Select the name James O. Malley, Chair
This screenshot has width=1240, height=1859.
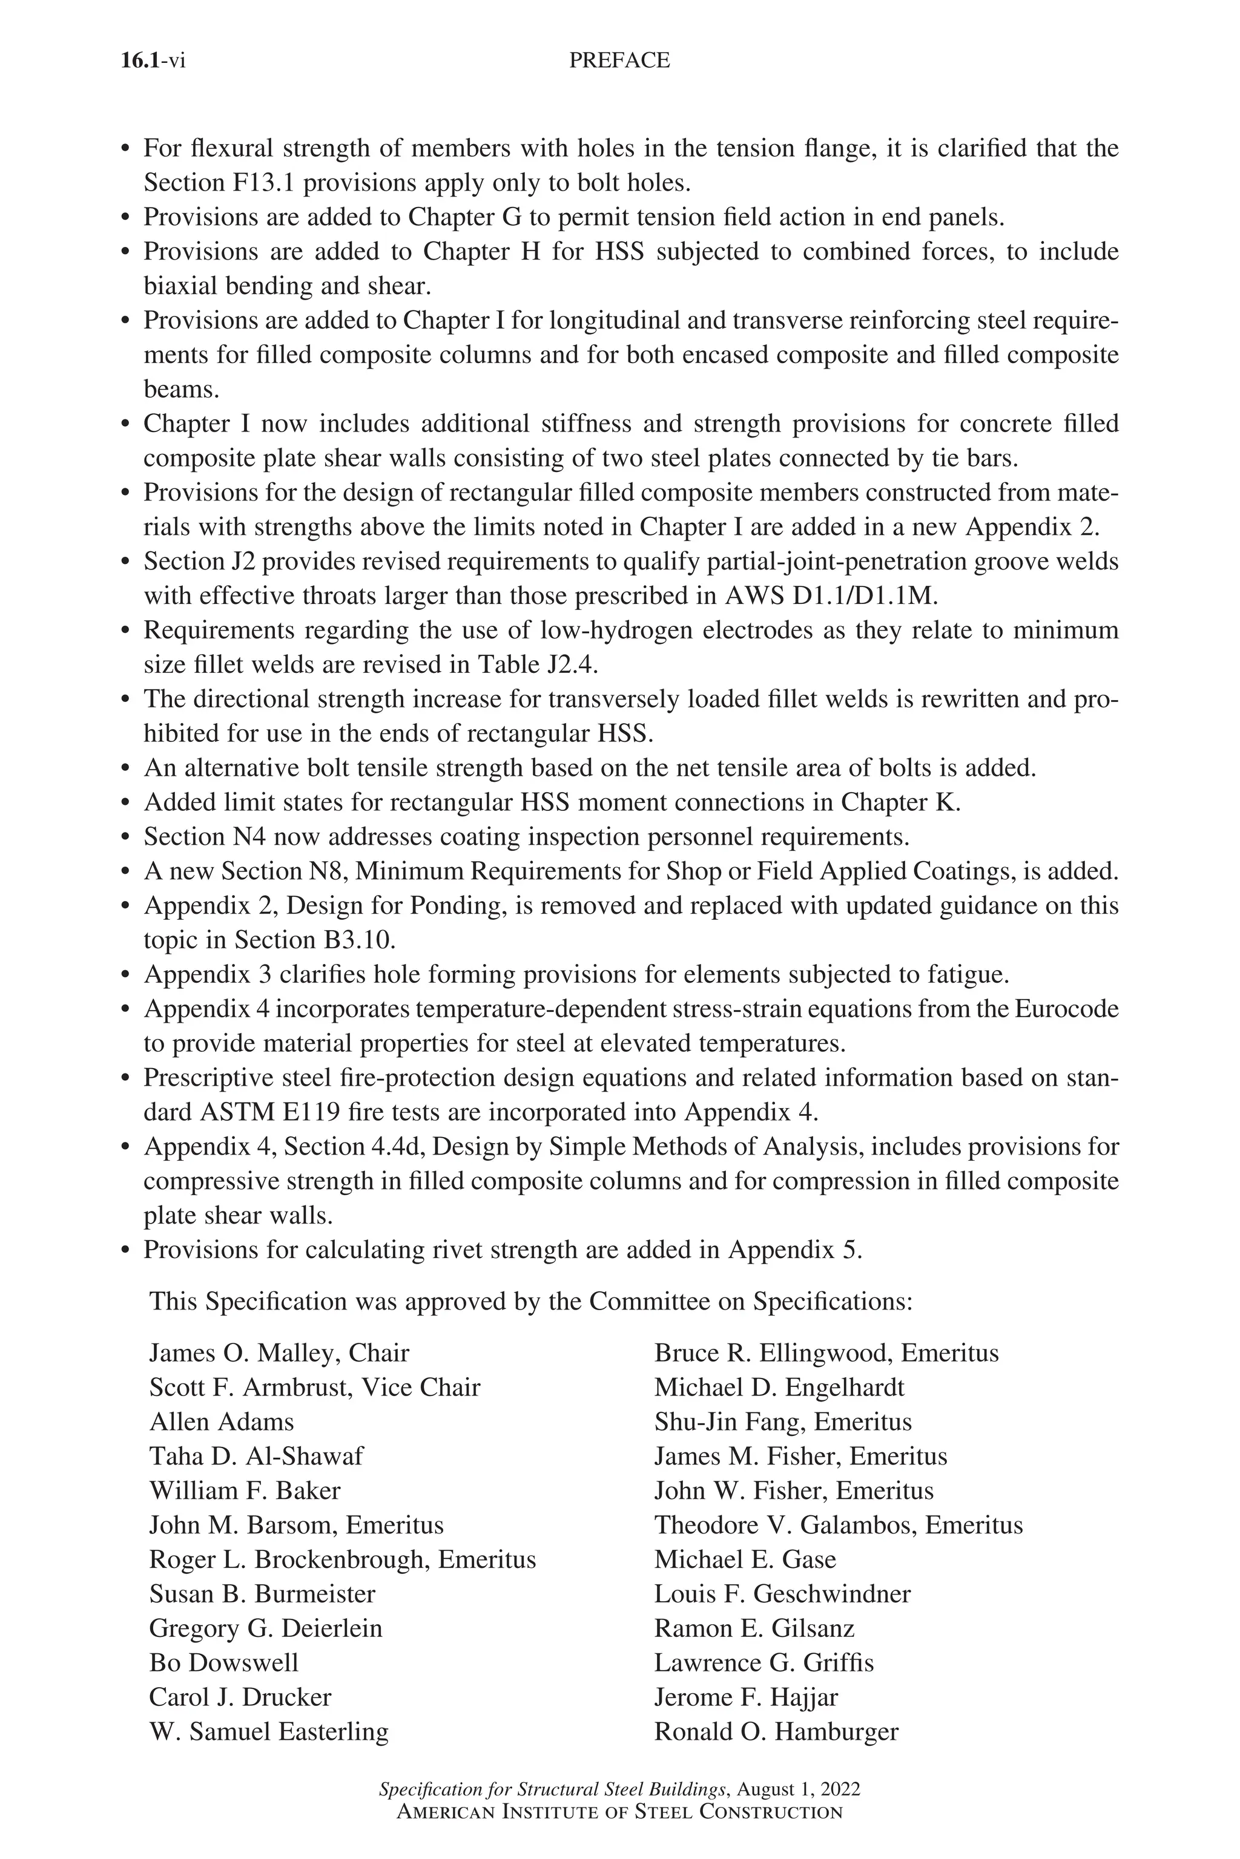pos(279,1353)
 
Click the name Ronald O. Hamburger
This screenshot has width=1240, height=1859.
pos(776,1732)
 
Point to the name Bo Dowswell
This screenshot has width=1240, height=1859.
pos(224,1663)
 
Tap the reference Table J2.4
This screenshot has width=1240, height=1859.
pos(536,664)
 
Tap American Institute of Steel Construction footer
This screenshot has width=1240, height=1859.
pos(619,1812)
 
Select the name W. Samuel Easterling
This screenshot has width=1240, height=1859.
pos(269,1732)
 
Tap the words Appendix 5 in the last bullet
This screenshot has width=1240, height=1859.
pos(793,1250)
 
